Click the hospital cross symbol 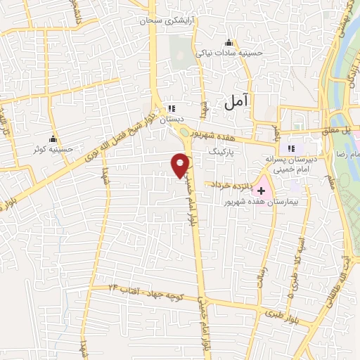click(x=262, y=189)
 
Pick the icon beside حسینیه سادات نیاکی click(x=226, y=41)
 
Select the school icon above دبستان click(x=170, y=109)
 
